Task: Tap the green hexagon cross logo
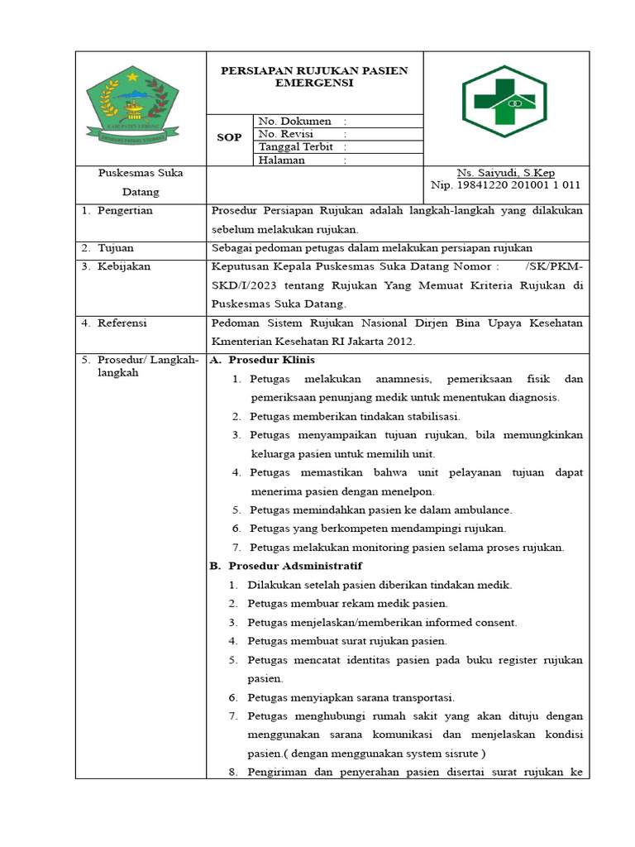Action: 504,102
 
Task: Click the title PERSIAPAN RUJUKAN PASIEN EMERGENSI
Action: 314,77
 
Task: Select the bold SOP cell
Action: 229,138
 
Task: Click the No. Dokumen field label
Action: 295,121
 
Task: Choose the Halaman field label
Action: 282,160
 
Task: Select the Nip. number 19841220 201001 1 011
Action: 506,185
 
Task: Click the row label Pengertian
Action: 125,211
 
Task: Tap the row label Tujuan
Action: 116,248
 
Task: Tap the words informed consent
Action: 480,623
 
